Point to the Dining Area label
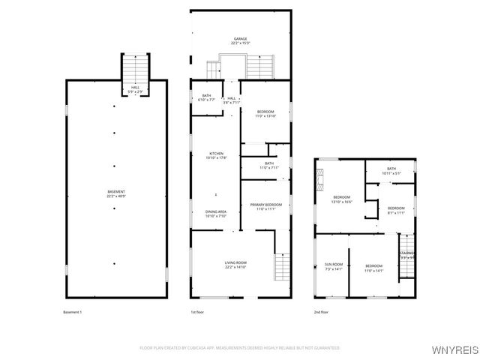[216, 213]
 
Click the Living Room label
[235, 264]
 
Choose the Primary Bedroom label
[265, 206]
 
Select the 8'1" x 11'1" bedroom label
[396, 210]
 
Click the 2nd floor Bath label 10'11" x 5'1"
[391, 171]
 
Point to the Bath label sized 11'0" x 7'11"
[268, 165]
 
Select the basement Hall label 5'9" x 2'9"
[136, 89]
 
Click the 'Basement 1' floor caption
[73, 311]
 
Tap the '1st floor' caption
[197, 311]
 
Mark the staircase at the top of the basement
[136, 70]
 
